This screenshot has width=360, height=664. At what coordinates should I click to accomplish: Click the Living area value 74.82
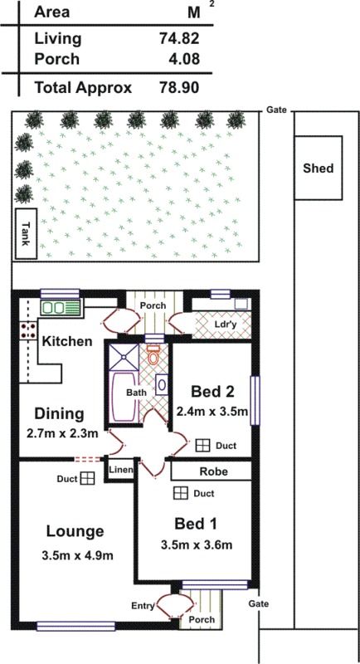(x=179, y=38)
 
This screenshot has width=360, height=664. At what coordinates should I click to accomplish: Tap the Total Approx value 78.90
(x=179, y=88)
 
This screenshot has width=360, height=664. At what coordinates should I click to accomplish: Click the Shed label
(x=319, y=168)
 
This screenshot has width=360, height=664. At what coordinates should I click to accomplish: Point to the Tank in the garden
(x=27, y=233)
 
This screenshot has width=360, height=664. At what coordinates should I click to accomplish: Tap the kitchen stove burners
(x=27, y=330)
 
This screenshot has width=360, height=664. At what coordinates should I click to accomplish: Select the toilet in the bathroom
(x=153, y=355)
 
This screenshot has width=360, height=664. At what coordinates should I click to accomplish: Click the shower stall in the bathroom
(x=124, y=357)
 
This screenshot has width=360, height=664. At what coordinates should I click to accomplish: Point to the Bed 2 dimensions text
(x=212, y=411)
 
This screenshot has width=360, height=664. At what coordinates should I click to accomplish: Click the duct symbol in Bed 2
(x=202, y=446)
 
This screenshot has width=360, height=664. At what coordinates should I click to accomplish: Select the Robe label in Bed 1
(x=214, y=471)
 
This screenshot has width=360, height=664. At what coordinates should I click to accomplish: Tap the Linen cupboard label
(x=121, y=470)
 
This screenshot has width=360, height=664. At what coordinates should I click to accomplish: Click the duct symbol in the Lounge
(x=88, y=479)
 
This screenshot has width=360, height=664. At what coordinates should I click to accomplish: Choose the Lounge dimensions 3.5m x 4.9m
(x=77, y=555)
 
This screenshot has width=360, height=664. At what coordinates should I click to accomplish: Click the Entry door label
(x=143, y=606)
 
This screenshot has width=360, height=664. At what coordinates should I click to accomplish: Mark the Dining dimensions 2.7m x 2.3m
(x=62, y=433)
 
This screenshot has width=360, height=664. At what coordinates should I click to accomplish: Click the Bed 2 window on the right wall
(x=255, y=400)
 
